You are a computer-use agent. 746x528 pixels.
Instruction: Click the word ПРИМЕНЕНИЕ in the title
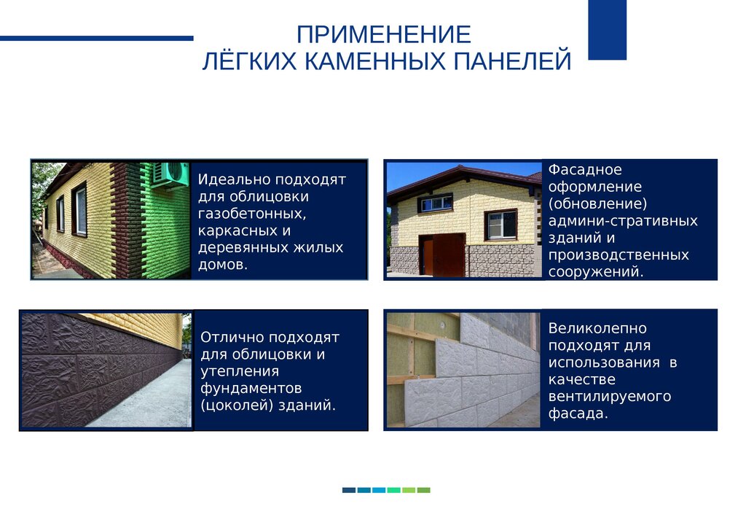383,34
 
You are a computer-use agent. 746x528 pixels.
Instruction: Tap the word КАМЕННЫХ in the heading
375,61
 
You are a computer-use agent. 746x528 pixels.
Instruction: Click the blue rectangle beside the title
607,30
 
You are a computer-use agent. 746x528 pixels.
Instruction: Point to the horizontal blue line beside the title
97,39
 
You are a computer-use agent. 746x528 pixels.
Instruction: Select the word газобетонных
251,214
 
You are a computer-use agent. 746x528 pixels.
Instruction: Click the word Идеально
234,180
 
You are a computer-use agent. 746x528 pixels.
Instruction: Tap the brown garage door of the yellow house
442,255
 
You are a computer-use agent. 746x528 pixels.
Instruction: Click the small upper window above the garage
436,203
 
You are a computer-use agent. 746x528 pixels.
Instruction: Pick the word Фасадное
585,170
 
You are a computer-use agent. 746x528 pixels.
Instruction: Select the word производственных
619,255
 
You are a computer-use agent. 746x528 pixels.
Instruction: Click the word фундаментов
251,389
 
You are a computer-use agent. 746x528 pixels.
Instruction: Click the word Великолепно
597,328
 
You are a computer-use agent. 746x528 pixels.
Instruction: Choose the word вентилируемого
610,397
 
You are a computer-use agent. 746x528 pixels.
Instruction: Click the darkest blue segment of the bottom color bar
349,490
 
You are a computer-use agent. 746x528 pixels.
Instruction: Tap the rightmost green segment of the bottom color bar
423,490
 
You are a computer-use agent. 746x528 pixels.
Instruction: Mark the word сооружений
596,272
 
